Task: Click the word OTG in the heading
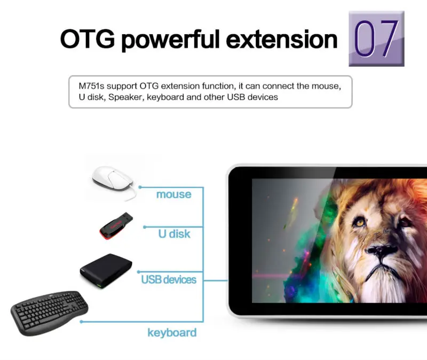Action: [x=88, y=39]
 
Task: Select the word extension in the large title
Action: [x=282, y=39]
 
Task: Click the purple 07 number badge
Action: [x=376, y=38]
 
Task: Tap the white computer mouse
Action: [x=113, y=179]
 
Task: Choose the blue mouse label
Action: [x=174, y=194]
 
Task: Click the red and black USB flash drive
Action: [x=116, y=225]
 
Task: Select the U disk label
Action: [x=175, y=234]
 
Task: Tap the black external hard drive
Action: [x=106, y=270]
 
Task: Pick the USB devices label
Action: [x=169, y=279]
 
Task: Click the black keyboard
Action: [x=49, y=312]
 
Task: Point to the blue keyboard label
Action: [x=172, y=333]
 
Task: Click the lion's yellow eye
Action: [x=360, y=223]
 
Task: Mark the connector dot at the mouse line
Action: [x=140, y=187]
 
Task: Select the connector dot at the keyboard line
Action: [x=81, y=322]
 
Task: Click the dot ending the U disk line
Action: [x=145, y=227]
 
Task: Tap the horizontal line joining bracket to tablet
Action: [x=216, y=280]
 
